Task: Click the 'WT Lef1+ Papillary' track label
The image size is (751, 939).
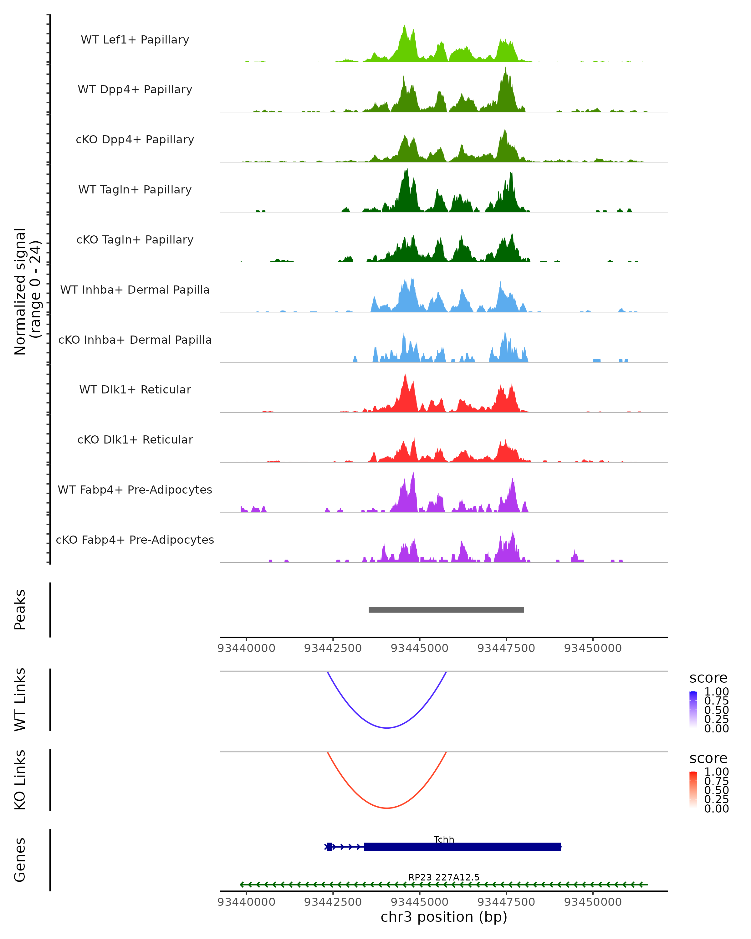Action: tap(135, 40)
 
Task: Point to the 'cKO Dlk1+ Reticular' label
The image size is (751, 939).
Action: tap(135, 439)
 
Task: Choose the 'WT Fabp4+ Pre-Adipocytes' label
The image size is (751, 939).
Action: tap(135, 490)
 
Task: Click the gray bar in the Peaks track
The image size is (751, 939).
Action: tap(446, 610)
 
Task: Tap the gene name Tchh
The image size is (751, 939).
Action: tap(444, 839)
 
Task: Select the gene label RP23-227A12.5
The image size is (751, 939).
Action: tap(444, 877)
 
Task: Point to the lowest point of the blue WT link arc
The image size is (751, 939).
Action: tap(386, 728)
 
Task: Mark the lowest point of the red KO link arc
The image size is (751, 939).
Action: tap(386, 808)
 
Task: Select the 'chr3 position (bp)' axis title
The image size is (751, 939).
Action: tap(444, 917)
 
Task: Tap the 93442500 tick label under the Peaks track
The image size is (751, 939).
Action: tap(333, 648)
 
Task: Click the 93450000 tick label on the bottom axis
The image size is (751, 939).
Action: tap(593, 902)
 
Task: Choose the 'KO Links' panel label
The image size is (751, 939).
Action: tap(20, 780)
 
